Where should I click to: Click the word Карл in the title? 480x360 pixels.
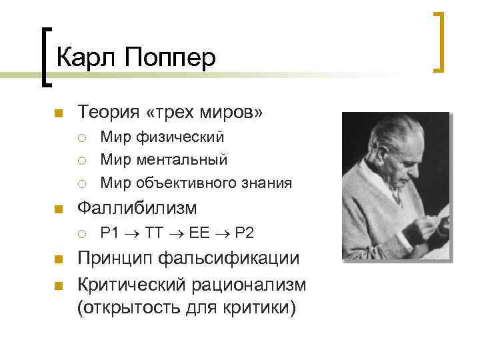83,58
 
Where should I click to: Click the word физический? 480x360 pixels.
181,137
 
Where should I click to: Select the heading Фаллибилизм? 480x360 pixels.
137,209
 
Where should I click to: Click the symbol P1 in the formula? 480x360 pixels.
109,233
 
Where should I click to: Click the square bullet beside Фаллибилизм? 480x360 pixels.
59,209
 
